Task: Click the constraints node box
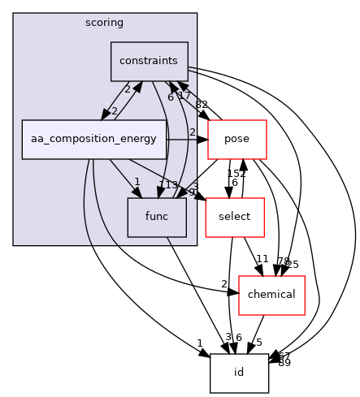[x=150, y=61]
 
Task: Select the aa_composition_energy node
[x=94, y=139]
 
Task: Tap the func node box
[x=157, y=217]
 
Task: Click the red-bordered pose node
[x=237, y=139]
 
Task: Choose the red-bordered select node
[x=234, y=217]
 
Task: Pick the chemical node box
[x=271, y=295]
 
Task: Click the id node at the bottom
[x=239, y=373]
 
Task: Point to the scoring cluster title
[x=104, y=23]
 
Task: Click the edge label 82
[x=202, y=106]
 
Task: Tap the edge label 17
[x=184, y=96]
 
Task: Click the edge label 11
[x=262, y=259]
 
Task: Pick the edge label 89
[x=284, y=362]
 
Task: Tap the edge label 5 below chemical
[x=258, y=342]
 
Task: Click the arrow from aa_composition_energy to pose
[x=187, y=139]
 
